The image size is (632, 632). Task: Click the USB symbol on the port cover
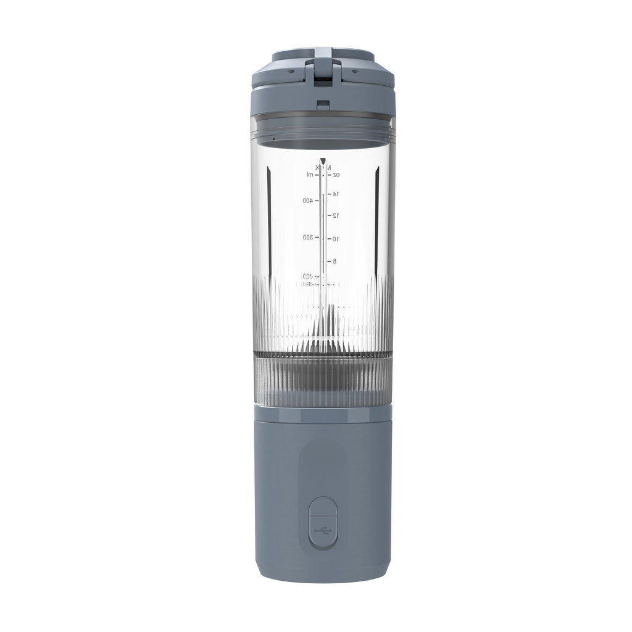point(323,530)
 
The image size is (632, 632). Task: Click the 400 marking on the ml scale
point(307,201)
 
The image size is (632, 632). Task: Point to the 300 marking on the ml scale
point(307,237)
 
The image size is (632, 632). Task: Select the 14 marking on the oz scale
point(336,194)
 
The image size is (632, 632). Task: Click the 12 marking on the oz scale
point(336,215)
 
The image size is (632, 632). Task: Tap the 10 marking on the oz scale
point(336,239)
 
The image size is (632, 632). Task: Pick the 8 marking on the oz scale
point(335,261)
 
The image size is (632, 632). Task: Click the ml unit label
point(310,175)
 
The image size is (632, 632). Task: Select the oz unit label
point(336,175)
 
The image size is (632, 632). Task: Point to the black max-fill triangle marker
point(323,161)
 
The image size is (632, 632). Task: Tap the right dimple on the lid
point(355,71)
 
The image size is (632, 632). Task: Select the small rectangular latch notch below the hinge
point(323,104)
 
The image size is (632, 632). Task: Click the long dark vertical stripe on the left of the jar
point(269,210)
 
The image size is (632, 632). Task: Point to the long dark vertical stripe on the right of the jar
point(376,210)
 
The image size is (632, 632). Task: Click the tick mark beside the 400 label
point(317,201)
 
